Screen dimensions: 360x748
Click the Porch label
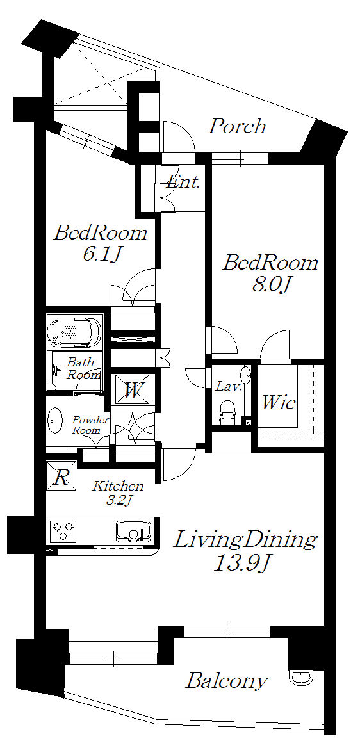[237, 126]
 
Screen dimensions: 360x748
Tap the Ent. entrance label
[183, 183]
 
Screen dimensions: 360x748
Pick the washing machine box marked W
[133, 390]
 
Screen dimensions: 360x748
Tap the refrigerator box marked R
[61, 476]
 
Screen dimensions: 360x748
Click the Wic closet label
[278, 403]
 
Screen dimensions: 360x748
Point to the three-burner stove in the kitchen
[63, 531]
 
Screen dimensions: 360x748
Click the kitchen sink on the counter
[133, 531]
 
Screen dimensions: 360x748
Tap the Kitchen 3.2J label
[117, 493]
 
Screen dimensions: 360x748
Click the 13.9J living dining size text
[241, 564]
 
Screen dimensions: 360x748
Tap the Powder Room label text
[91, 425]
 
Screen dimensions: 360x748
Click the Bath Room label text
[82, 368]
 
